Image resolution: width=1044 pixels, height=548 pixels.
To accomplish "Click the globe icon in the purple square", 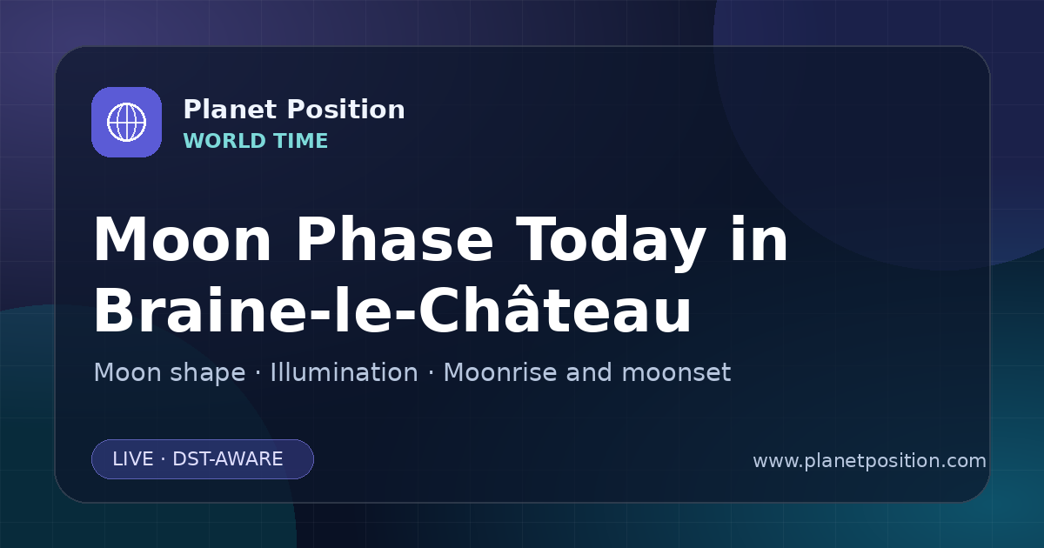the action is [126, 122].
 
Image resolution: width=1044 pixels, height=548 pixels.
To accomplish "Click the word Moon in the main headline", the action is [182, 240].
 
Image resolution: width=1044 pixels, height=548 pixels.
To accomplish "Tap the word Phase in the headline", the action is [395, 239].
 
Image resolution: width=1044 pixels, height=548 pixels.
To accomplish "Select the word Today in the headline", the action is [611, 244].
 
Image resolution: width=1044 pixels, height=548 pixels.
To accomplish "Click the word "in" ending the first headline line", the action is [760, 238].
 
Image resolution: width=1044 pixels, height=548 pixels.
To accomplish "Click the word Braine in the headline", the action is [201, 309].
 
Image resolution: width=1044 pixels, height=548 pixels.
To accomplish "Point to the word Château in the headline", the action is [555, 309].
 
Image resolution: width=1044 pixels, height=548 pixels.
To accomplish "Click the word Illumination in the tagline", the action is [345, 372].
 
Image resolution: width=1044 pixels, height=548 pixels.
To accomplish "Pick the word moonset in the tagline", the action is [676, 373].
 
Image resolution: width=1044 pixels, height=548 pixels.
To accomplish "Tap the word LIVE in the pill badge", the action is [133, 459].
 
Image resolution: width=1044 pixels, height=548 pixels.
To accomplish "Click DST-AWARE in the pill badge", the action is [228, 459].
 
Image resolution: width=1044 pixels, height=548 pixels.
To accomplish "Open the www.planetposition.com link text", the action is [870, 461].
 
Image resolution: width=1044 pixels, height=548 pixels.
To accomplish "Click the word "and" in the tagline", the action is [589, 372].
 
